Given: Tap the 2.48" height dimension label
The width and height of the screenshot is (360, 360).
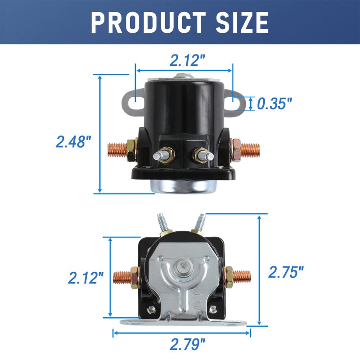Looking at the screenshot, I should [73, 142].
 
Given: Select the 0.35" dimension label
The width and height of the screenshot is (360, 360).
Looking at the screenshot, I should [274, 104].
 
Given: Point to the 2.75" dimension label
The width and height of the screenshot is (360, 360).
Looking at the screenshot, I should [286, 271].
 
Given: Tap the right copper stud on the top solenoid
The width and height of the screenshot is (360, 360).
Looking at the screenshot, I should [250, 148].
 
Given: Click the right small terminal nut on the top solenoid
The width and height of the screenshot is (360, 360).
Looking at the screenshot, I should [201, 155].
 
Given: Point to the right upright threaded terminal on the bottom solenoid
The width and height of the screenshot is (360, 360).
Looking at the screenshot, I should [200, 222].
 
